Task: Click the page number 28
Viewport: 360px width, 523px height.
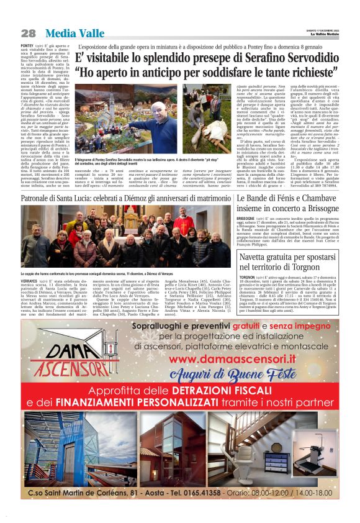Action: (28, 33)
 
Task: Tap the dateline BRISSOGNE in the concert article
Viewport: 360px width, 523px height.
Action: (249, 219)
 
